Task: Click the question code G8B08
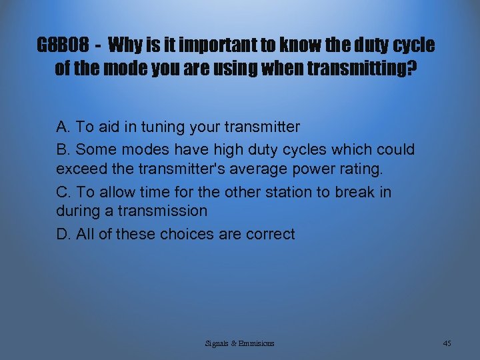tap(63, 46)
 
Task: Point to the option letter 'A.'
tap(64, 127)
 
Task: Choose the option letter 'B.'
tap(64, 149)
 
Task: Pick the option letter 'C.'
tap(64, 192)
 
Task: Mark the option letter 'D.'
tap(64, 234)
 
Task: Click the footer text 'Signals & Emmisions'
tap(239, 343)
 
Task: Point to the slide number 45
tap(447, 343)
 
